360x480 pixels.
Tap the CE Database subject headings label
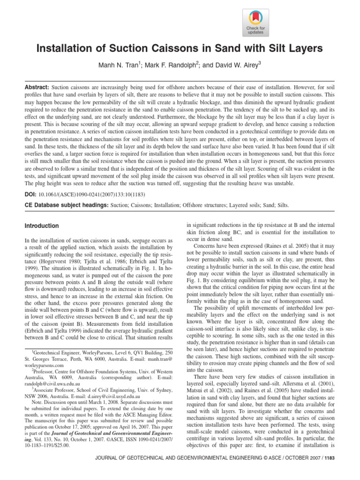(x=65, y=205)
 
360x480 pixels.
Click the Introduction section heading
(x=42, y=226)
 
